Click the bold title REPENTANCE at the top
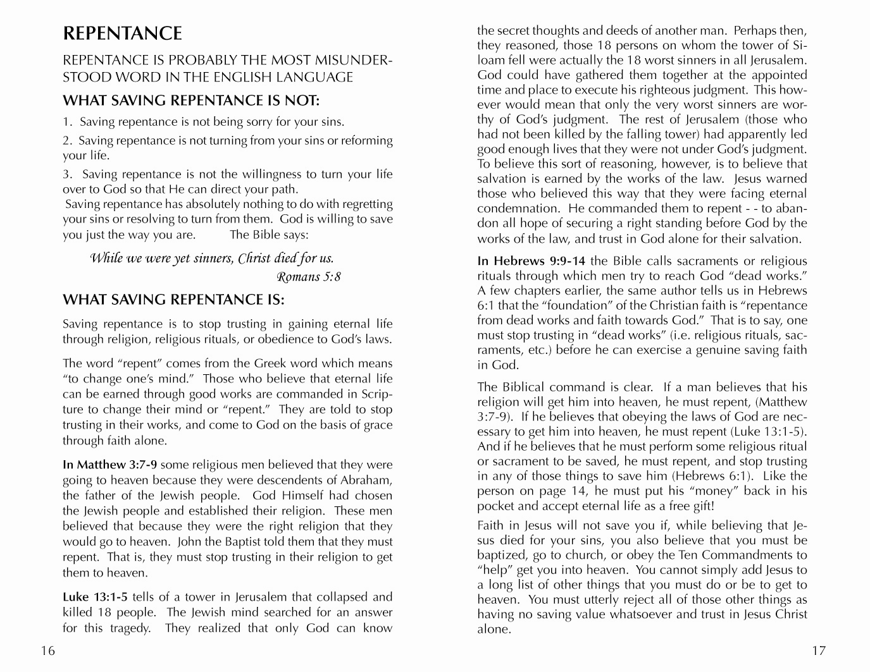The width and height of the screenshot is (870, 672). [122, 34]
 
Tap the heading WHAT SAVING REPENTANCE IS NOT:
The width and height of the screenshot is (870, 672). [191, 101]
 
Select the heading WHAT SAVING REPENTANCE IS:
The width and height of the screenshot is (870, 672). [173, 300]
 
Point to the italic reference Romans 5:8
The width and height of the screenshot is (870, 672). [309, 277]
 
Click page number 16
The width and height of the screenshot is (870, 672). [48, 651]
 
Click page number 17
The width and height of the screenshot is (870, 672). [819, 651]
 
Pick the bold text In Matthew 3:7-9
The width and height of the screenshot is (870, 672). [109, 465]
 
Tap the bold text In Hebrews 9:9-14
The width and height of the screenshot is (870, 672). [531, 261]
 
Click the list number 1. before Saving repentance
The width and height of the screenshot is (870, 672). [67, 122]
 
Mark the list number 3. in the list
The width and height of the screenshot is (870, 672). [68, 174]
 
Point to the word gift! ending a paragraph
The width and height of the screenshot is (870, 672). [701, 506]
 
